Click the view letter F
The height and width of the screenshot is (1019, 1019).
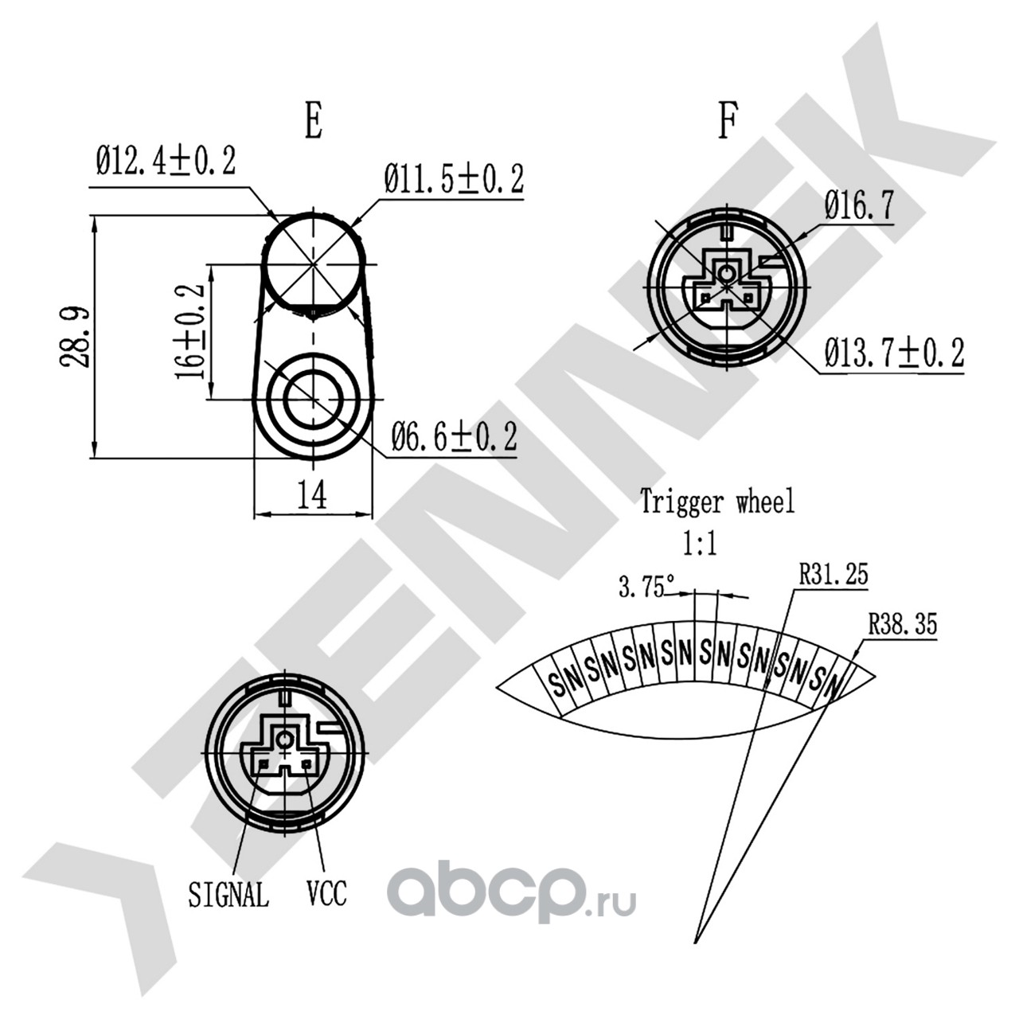pyautogui.click(x=726, y=122)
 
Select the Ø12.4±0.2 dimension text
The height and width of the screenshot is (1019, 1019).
pyautogui.click(x=166, y=162)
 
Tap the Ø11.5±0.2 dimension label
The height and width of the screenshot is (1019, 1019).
pyautogui.click(x=454, y=180)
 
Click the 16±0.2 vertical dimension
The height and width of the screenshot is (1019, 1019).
pyautogui.click(x=191, y=331)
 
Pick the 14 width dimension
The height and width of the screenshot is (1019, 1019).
pyautogui.click(x=312, y=496)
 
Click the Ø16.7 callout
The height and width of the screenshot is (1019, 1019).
pyautogui.click(x=859, y=207)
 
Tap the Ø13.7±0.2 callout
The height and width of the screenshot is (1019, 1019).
pyautogui.click(x=894, y=353)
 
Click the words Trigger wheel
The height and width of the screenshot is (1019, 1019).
pyautogui.click(x=717, y=502)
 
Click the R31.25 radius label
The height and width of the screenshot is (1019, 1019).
pyautogui.click(x=834, y=575)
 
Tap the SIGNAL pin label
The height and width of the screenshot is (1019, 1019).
pyautogui.click(x=228, y=895)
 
